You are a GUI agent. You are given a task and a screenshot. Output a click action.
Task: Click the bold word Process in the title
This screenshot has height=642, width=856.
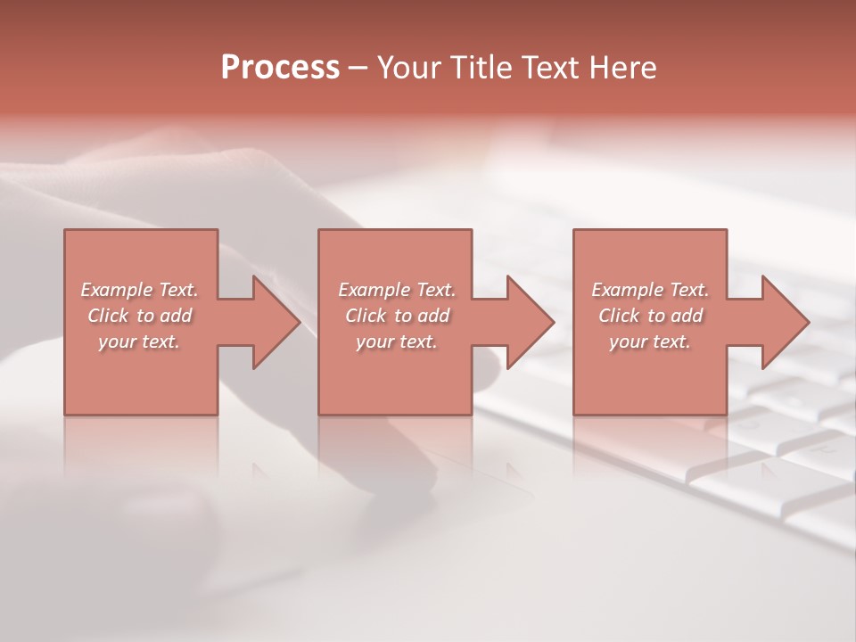click(280, 68)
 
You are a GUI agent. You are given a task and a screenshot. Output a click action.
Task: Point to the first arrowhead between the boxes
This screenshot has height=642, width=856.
click(267, 322)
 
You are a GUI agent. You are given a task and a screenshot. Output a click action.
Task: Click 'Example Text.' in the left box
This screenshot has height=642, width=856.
click(139, 290)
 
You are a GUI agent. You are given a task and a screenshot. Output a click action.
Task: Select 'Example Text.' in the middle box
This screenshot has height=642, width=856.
click(396, 290)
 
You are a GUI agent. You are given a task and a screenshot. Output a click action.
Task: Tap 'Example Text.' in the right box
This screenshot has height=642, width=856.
click(650, 290)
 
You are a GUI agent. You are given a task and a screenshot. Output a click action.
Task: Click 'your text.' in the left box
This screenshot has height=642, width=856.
click(139, 342)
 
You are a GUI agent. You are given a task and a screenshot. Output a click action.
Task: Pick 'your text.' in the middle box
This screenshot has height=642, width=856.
click(396, 342)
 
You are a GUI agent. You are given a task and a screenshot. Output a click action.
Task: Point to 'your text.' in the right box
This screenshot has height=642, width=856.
click(650, 342)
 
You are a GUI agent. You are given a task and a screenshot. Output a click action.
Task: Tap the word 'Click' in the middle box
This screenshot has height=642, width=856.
click(366, 316)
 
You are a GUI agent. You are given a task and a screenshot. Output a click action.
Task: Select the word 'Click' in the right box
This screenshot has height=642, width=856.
click(619, 316)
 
